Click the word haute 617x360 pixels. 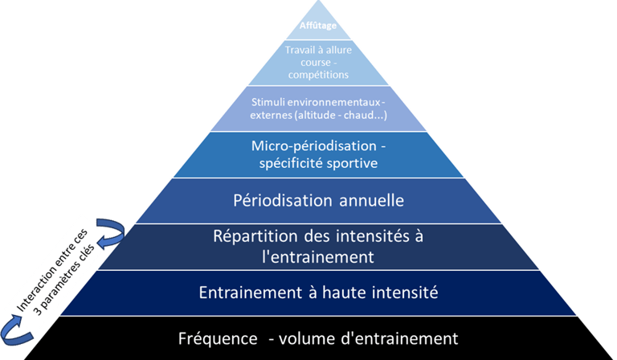(349, 292)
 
